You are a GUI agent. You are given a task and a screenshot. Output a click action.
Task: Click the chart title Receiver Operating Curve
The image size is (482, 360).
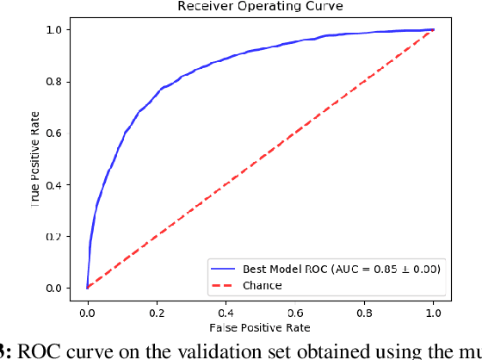pos(259,7)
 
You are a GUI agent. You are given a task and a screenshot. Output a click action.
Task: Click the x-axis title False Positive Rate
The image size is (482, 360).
pos(259,327)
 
